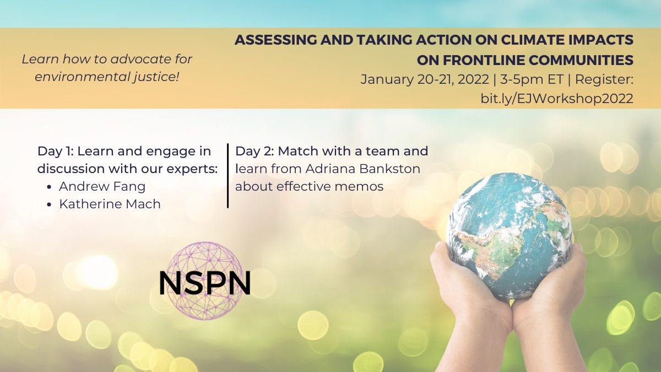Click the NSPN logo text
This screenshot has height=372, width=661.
coord(205,283)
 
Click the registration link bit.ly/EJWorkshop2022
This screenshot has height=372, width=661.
coord(557,98)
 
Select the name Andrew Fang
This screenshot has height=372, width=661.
coord(102,186)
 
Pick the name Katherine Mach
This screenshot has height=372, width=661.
coord(110,204)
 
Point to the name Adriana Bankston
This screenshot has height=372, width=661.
coord(362,169)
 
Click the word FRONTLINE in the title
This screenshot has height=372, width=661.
coord(486,60)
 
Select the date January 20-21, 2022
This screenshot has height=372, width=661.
coord(425,79)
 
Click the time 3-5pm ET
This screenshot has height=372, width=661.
coord(532,79)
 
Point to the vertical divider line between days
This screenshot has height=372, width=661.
coord(228,176)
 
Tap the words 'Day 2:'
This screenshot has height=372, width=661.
coord(254,151)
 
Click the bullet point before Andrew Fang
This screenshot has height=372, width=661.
coord(49,187)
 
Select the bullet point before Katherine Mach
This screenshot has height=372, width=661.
coord(49,204)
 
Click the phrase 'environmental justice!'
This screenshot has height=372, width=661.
coord(107,77)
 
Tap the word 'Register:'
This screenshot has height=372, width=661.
coord(604,80)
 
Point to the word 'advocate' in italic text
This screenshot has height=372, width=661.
coord(138,60)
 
